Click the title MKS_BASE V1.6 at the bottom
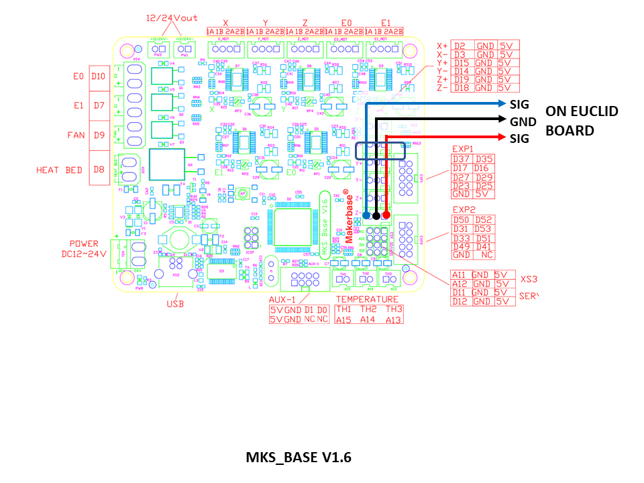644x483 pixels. point(298,458)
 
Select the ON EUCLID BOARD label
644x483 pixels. point(572,121)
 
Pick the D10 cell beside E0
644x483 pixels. point(99,76)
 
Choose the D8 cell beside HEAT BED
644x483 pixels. point(99,170)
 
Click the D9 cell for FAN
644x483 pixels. point(99,135)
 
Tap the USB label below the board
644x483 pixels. point(175,303)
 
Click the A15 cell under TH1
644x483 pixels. point(344,320)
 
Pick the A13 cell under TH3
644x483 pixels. point(394,320)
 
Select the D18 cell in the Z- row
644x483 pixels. point(461,88)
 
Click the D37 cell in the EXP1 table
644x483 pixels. point(461,159)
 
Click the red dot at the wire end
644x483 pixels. point(387,215)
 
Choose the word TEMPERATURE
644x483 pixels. point(367,299)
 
